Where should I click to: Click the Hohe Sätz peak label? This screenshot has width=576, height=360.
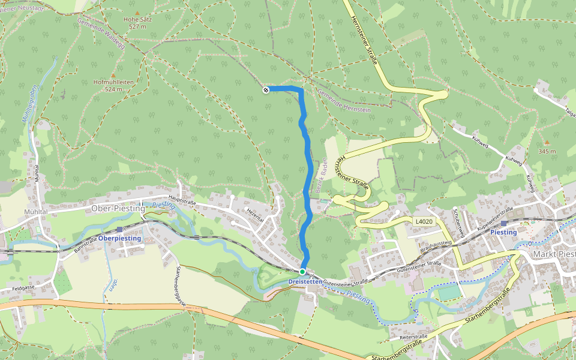(x=137, y=19)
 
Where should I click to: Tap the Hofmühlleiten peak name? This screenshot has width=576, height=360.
(x=113, y=82)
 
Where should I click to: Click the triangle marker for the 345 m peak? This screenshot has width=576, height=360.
(x=546, y=142)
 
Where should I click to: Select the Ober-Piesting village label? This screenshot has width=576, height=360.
(x=118, y=208)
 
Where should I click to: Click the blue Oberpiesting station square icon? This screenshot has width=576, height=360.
(x=120, y=229)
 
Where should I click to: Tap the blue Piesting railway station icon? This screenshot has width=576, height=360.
(x=503, y=223)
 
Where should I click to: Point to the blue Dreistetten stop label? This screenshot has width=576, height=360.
(x=302, y=281)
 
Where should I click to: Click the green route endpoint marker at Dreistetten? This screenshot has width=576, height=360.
(x=302, y=272)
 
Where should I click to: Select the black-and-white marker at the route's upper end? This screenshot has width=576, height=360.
(x=265, y=90)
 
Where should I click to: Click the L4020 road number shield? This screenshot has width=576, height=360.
(x=424, y=221)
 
